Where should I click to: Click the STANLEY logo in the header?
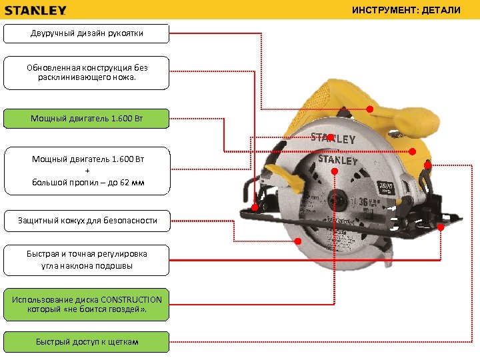[x=36, y=11]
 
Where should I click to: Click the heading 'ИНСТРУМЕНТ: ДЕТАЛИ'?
[x=406, y=11]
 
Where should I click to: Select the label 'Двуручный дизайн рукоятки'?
[x=86, y=33]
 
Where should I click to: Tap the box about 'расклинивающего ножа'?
[x=86, y=73]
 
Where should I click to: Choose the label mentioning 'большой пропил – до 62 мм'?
[x=86, y=171]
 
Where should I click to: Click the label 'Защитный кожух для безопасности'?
[x=86, y=220]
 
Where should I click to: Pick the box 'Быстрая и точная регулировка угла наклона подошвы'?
[x=86, y=260]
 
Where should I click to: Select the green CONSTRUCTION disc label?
[x=86, y=305]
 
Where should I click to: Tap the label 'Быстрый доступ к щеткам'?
[x=86, y=342]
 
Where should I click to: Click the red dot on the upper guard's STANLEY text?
[x=331, y=138]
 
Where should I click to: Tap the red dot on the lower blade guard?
[x=298, y=241]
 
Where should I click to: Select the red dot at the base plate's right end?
[x=441, y=227]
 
